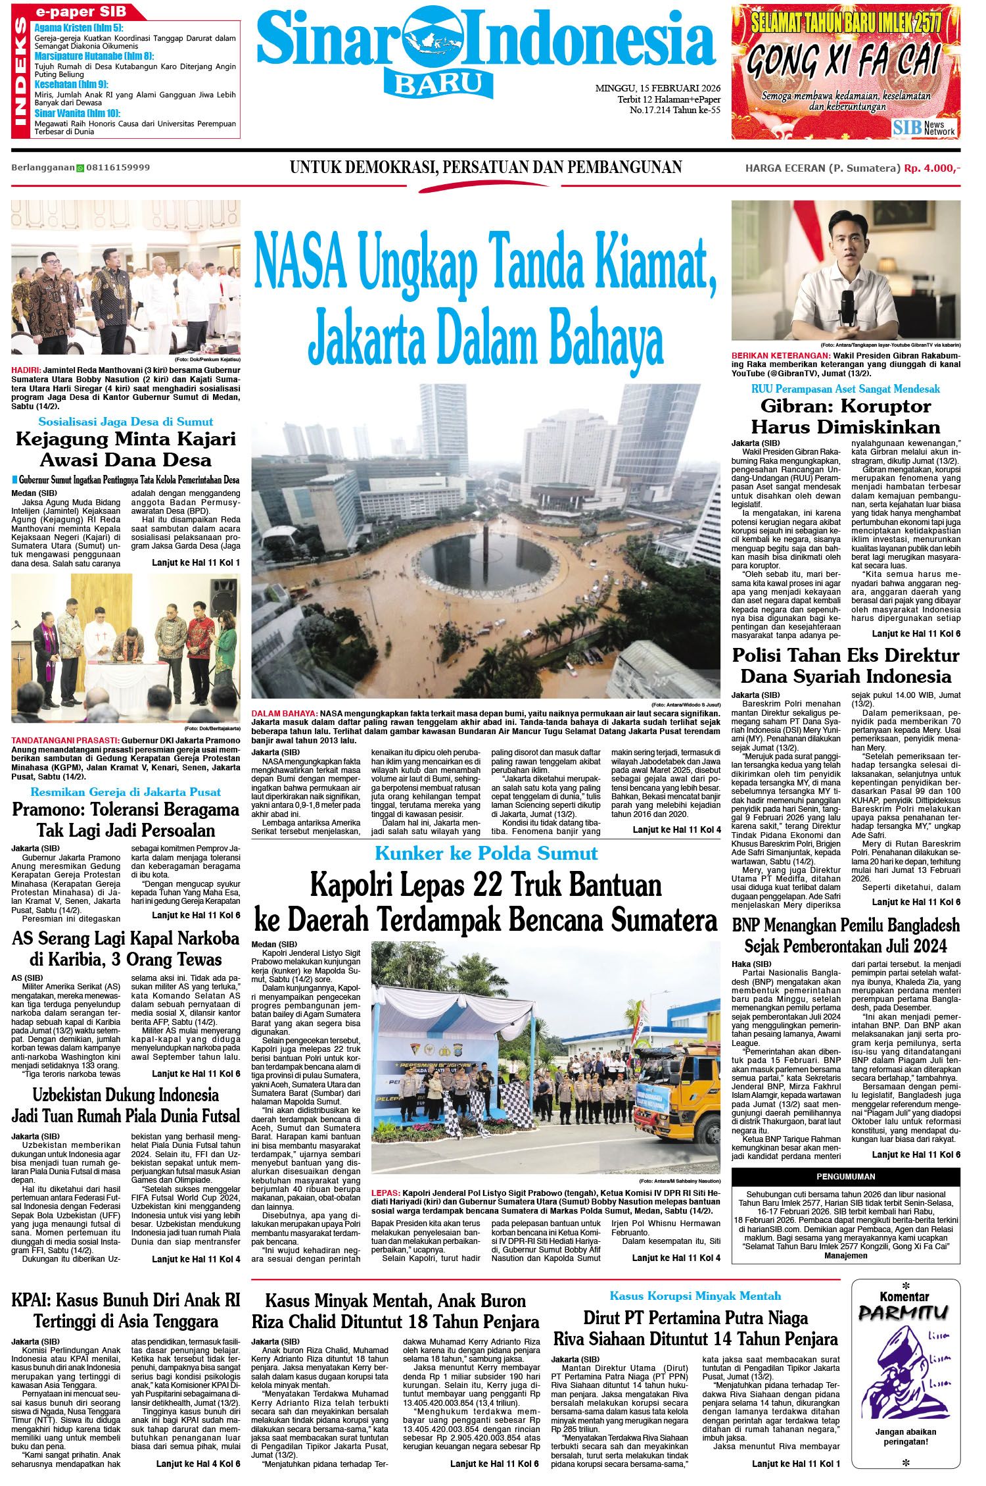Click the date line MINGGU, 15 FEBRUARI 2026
coord(657,87)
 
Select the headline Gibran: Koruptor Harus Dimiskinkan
coord(846,415)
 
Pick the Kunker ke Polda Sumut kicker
coord(486,854)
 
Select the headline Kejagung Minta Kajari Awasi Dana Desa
coord(126,449)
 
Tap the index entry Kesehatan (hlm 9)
coord(71,84)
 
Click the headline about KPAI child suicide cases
coord(126,1310)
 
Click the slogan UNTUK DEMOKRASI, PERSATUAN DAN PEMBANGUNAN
coord(486,167)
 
